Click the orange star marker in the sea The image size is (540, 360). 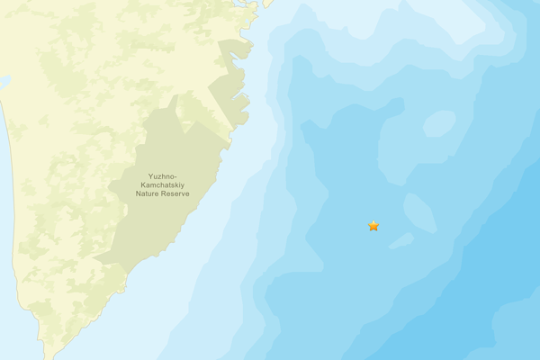tap(373, 226)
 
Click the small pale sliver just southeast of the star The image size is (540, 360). tap(401, 240)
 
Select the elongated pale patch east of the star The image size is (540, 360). tap(419, 212)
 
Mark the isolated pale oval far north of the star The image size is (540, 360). tap(439, 123)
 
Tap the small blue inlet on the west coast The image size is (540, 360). tap(4, 82)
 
